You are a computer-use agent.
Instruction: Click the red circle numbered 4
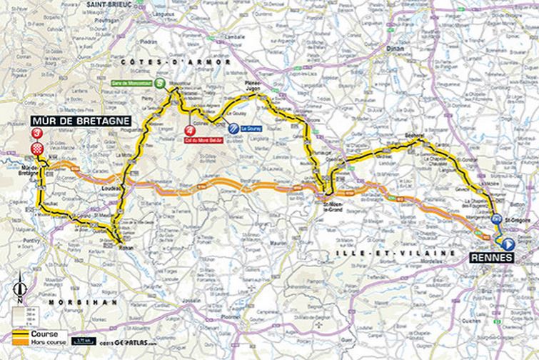click(x=188, y=131)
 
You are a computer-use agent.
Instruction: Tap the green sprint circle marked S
click(x=161, y=83)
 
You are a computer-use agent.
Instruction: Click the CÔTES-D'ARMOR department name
click(x=176, y=62)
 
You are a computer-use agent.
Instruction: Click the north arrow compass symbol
click(x=19, y=291)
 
